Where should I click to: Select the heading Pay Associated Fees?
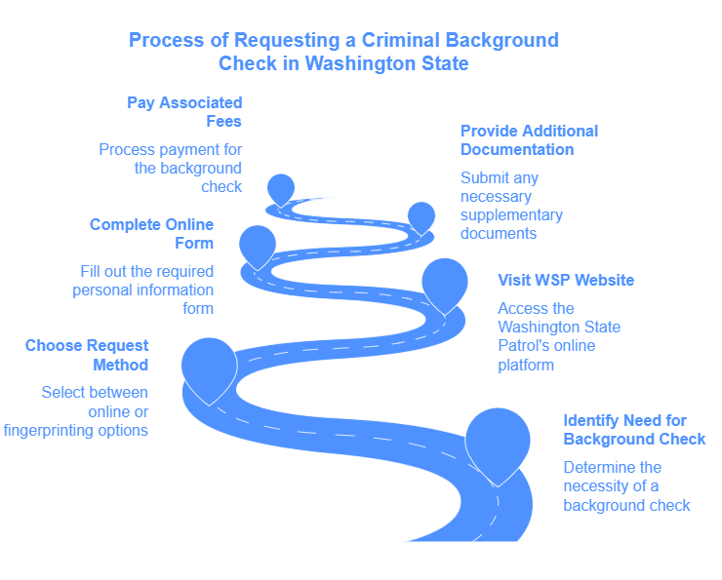tap(184, 112)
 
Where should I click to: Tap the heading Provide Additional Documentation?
tap(529, 140)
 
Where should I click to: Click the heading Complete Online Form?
tap(151, 234)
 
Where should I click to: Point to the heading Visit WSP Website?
tap(566, 280)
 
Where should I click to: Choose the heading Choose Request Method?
tap(87, 355)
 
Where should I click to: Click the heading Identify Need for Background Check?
tap(633, 430)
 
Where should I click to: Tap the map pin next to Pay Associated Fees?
tap(281, 188)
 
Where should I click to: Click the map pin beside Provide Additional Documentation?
tap(421, 216)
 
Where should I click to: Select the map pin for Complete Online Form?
tap(258, 244)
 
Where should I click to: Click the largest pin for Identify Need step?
tap(498, 441)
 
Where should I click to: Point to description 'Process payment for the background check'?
tap(171, 168)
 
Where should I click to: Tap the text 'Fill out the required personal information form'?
tap(143, 290)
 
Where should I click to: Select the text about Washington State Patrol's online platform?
tap(558, 336)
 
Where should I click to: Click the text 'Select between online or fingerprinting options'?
tap(78, 410)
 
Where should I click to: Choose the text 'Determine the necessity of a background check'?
tap(625, 485)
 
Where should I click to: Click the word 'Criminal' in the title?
tap(402, 41)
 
